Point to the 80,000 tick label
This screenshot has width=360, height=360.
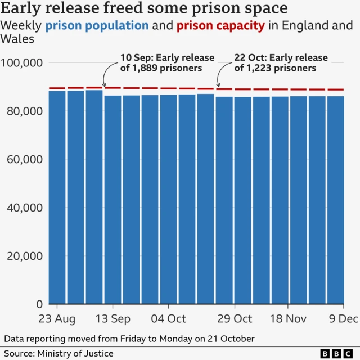(24, 111)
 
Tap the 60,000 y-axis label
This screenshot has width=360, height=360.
(24, 159)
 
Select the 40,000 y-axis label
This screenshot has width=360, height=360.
(24, 208)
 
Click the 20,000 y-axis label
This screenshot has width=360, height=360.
(24, 256)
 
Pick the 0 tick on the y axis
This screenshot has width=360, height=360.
(39, 304)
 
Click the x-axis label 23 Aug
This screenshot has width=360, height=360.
(57, 319)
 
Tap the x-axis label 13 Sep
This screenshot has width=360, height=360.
(112, 319)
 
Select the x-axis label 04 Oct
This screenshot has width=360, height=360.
(168, 319)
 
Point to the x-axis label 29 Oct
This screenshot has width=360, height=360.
(234, 319)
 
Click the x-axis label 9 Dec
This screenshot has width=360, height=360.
(343, 319)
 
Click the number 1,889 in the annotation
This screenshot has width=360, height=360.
(144, 68)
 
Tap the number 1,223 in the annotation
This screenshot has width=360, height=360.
(259, 68)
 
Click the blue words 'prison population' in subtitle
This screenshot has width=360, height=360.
(97, 26)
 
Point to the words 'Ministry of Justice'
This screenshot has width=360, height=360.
(75, 353)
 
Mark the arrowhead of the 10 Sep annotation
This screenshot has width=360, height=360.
(105, 85)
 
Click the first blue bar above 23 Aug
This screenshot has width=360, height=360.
(57, 197)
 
